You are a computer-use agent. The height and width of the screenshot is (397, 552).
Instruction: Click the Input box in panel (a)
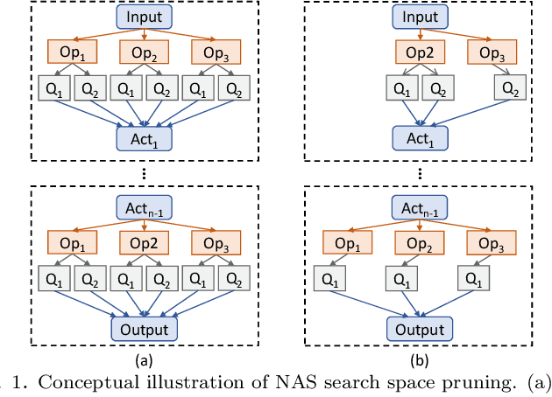click(144, 17)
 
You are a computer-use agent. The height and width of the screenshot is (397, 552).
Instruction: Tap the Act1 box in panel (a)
click(144, 137)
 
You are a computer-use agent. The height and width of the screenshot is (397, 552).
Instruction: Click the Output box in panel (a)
click(144, 328)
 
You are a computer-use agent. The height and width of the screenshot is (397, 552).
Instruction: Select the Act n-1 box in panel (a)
click(144, 206)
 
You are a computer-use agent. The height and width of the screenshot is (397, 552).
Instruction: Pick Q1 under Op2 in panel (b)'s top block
click(400, 87)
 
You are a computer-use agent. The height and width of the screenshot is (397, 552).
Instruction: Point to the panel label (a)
click(144, 359)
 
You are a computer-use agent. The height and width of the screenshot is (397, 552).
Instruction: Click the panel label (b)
click(419, 359)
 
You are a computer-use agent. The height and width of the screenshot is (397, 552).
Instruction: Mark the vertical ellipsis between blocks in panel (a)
click(144, 172)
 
